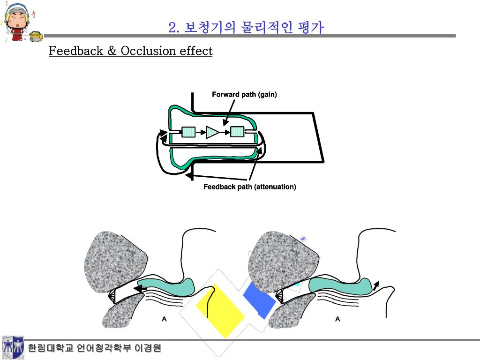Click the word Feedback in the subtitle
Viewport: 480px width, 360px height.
76,51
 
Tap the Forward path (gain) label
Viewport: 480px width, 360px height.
244,94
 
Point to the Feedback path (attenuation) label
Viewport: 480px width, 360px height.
250,187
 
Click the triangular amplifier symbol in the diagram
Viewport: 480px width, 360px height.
212,132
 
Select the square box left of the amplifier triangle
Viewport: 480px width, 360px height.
188,132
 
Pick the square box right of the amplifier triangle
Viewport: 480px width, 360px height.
237,132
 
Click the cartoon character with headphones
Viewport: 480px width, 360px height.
17,22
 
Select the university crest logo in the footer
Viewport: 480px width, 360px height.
13,347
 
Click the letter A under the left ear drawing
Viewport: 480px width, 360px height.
164,319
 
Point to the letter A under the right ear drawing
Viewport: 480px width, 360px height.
337,319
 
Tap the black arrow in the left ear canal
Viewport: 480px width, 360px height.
140,289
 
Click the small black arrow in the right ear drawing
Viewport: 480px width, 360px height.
375,286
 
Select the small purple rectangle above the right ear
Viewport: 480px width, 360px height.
303,239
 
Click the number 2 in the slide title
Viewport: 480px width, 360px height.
172,28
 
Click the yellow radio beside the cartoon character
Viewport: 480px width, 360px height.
36,37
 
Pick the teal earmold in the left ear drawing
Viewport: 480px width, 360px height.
166,286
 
